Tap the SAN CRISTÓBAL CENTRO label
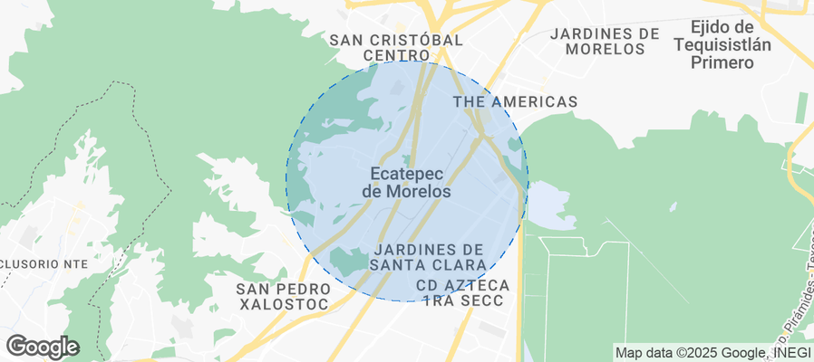396,48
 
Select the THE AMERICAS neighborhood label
515,102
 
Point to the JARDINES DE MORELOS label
605,41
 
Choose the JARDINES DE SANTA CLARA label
429,256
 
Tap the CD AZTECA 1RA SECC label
463,292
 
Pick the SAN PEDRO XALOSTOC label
282,297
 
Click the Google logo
43,347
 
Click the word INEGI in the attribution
790,352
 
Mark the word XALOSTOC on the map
284,305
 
